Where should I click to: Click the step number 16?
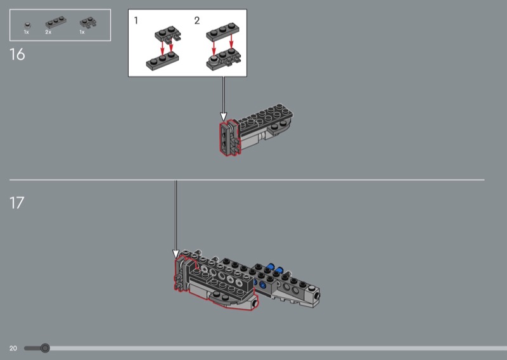coord(17,55)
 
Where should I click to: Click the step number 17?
coord(17,203)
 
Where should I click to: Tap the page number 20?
coord(13,349)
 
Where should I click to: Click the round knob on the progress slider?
coord(45,348)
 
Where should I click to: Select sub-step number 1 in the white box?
coord(136,21)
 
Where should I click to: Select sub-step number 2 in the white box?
coord(197,21)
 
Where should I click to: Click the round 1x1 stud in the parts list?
coord(28,25)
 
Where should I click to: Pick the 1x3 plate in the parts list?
coord(56,22)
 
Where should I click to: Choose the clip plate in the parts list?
coord(88,22)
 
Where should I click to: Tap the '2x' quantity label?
coord(48,32)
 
